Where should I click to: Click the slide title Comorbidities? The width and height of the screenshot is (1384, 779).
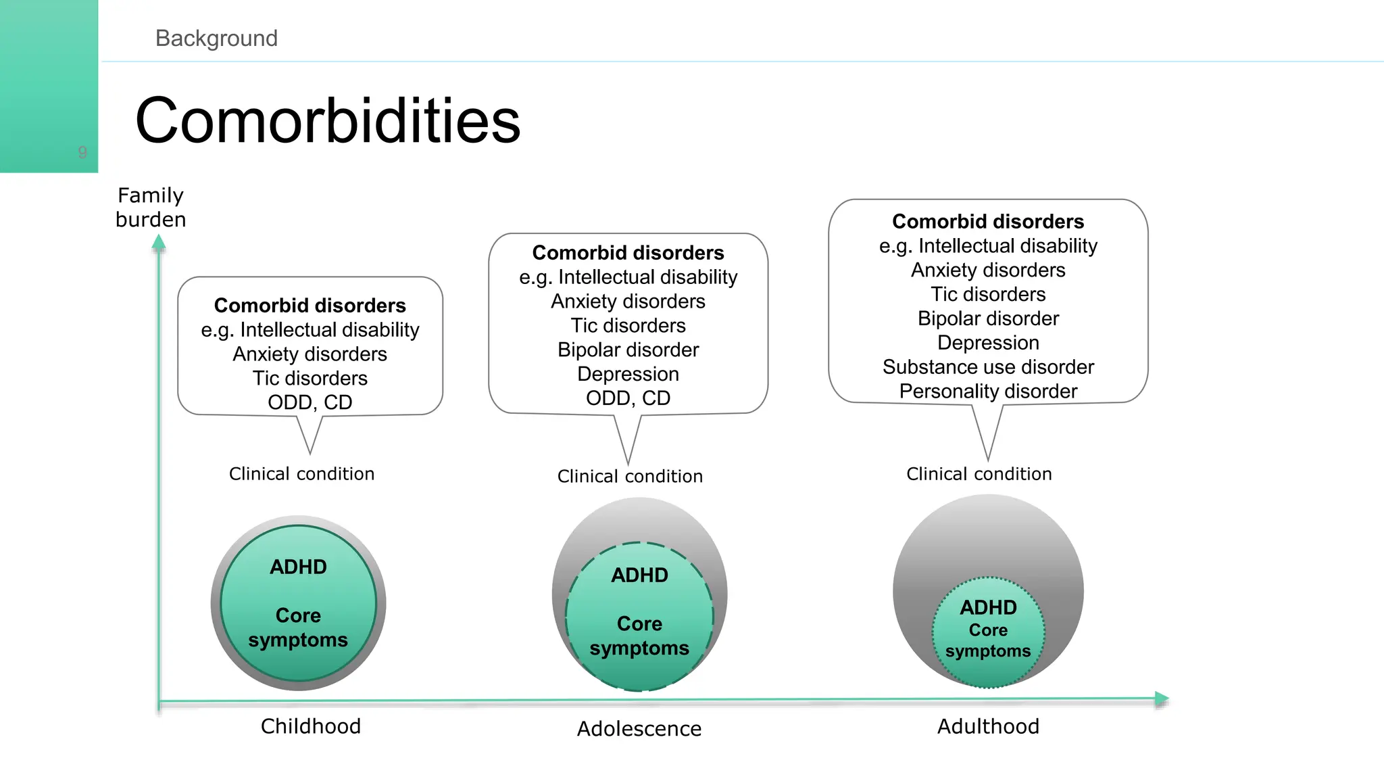point(328,121)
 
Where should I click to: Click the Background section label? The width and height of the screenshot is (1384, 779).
point(216,39)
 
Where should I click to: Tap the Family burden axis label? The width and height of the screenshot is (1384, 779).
point(151,208)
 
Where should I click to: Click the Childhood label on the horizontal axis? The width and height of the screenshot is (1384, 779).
point(311,726)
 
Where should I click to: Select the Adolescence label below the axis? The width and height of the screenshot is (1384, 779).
point(639,729)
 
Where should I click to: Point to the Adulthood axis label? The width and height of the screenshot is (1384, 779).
point(988,726)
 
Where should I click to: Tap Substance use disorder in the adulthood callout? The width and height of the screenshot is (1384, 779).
point(988,367)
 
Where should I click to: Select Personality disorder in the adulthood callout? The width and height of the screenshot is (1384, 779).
point(988,392)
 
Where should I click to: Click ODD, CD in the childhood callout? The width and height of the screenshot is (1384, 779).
point(310,402)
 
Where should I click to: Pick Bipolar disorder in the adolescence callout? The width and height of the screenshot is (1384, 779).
point(628,350)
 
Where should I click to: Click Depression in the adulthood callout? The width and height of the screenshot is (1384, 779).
point(988,343)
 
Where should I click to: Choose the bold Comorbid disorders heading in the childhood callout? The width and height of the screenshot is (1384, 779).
point(310,306)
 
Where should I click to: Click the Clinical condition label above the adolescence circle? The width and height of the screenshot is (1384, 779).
point(630,477)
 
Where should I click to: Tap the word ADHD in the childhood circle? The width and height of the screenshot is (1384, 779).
point(298,567)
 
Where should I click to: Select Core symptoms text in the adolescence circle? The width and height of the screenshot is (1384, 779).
point(639,636)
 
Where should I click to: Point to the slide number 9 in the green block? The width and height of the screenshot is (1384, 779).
point(82,153)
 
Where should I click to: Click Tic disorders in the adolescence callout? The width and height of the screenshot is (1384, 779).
point(628,325)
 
